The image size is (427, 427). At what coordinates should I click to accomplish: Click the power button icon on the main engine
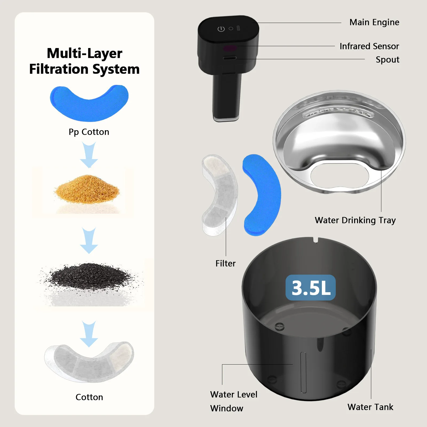tap(221, 29)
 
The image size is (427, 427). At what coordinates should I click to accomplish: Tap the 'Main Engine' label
tap(374, 22)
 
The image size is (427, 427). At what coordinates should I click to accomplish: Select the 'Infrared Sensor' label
tap(369, 46)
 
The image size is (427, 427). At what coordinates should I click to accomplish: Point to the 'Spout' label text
tap(388, 60)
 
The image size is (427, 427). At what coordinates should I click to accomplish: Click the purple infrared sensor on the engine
tap(230, 49)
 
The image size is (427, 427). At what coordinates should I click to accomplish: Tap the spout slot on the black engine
tap(230, 58)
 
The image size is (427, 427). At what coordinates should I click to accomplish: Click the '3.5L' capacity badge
tap(311, 288)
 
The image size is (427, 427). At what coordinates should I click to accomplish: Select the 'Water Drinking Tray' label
tap(355, 220)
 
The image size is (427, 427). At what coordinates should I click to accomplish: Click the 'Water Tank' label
tap(370, 407)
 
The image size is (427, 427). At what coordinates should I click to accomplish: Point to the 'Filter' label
tap(226, 263)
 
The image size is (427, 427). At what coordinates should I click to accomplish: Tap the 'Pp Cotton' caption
tap(89, 132)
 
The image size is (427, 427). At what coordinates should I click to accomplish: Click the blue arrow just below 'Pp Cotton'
tap(89, 155)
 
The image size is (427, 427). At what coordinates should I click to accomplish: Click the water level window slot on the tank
tap(303, 373)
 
